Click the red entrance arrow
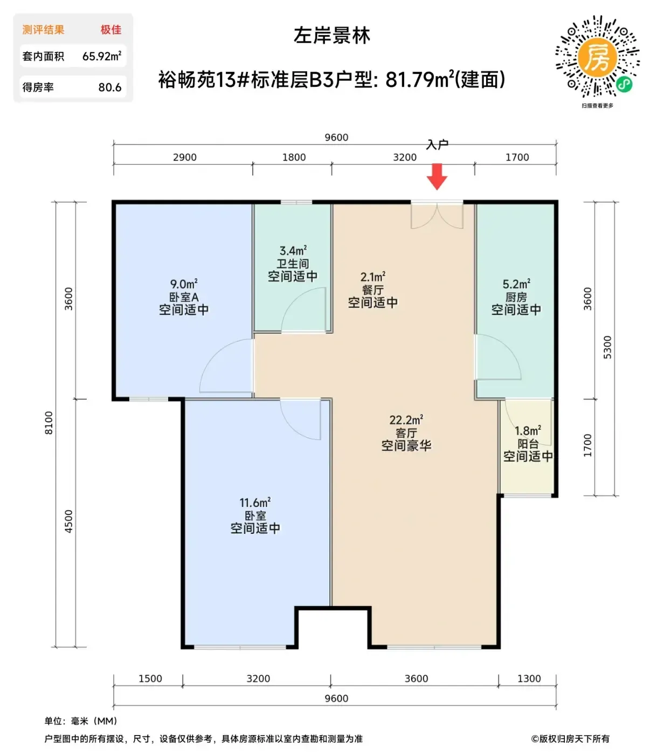tap(437, 176)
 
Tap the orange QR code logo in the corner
tap(597, 57)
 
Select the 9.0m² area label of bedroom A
tap(184, 284)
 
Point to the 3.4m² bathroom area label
tap(293, 250)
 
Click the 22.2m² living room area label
tap(406, 420)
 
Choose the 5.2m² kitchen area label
tap(516, 284)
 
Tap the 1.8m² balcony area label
tap(528, 431)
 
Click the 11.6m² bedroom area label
tap(255, 503)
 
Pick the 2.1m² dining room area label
tap(373, 277)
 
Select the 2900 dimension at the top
tap(184, 157)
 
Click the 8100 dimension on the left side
tap(49, 423)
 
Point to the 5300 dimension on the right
tap(607, 347)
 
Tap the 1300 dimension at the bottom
tap(529, 678)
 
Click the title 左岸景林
tap(332, 36)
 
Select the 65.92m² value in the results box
tap(102, 56)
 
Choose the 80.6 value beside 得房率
tap(110, 87)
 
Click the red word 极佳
tap(111, 30)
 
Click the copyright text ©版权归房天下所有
tap(570, 739)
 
